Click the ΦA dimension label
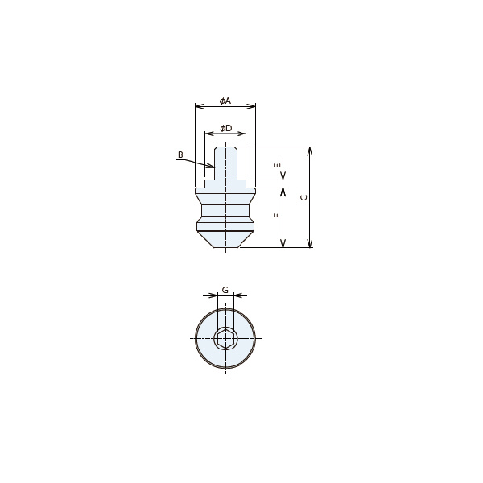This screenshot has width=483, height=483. [225, 101]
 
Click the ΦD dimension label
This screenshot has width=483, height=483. [225, 128]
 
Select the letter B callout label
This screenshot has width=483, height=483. [180, 155]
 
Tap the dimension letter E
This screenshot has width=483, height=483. [278, 165]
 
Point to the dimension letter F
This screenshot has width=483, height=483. [278, 215]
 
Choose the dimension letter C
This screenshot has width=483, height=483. [304, 197]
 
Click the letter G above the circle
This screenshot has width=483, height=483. [225, 290]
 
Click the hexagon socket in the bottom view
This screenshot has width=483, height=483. [225, 339]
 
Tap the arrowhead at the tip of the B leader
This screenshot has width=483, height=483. [211, 167]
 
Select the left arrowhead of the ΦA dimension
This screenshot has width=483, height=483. [200, 106]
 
